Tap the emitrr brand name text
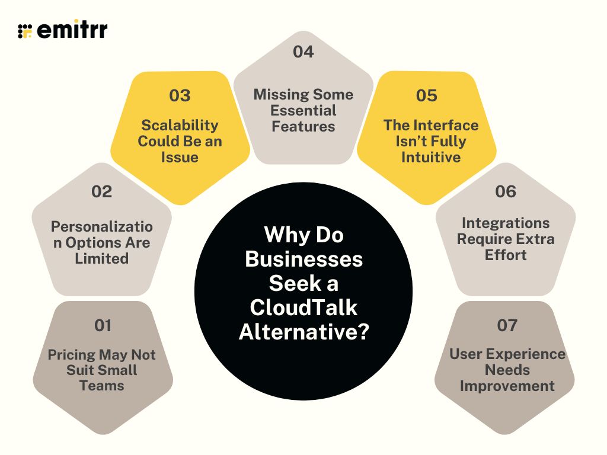point(72,30)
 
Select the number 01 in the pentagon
point(103,325)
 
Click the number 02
point(101,191)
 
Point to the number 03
point(179,95)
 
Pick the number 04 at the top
point(303,52)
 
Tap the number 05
point(427,95)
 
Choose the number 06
point(506,191)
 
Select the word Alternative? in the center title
point(303,331)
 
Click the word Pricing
point(71,355)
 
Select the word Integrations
point(506,223)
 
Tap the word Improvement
point(507,386)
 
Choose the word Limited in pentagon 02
point(101,258)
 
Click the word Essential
point(303,111)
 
